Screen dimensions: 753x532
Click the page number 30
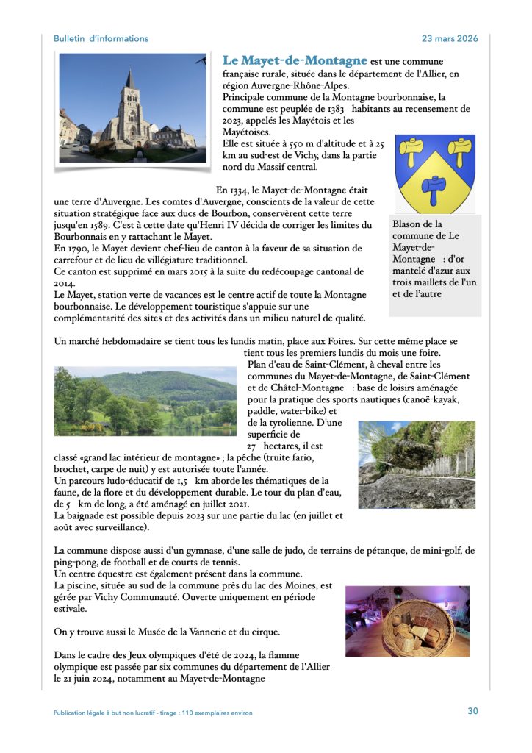[x=472, y=710]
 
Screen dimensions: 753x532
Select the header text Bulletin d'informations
[x=101, y=39]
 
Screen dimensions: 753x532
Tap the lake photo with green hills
[x=145, y=401]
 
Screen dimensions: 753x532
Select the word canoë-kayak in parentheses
[x=431, y=399]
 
